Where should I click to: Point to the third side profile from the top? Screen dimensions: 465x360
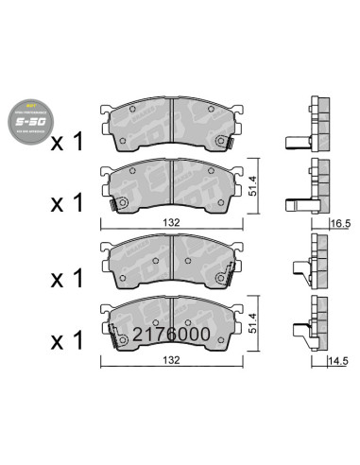coord(311,259)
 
